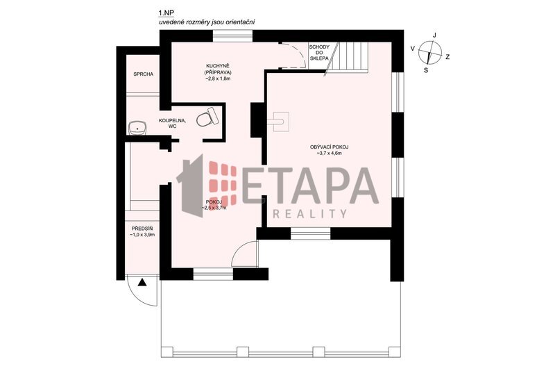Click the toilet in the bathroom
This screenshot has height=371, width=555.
tap(207, 117)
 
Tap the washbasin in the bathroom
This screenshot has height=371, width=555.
tap(137, 127)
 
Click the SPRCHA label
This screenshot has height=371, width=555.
tap(144, 74)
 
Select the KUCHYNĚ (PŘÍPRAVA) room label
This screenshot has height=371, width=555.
tap(218, 69)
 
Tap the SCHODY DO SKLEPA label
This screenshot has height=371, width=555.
tap(319, 52)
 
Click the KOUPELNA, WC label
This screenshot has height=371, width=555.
tap(172, 123)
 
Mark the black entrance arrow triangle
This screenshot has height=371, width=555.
tap(142, 282)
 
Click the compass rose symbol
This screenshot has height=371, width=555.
tap(429, 52)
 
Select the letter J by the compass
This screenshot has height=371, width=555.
tap(435, 35)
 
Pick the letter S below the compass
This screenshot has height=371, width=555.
tap(426, 70)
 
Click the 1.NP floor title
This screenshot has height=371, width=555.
tap(164, 13)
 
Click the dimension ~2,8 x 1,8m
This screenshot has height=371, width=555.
tap(218, 79)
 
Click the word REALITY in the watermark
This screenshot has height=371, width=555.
tap(309, 213)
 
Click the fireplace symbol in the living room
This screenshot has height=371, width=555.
tap(278, 122)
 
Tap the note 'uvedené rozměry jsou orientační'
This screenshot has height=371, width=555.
tap(207, 22)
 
